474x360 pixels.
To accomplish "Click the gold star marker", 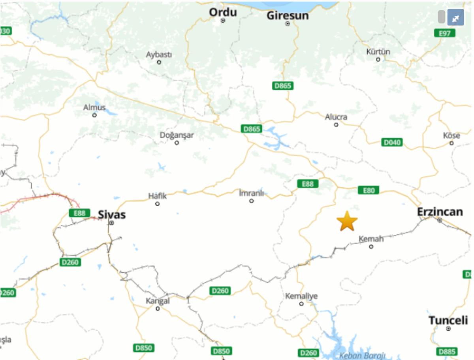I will pyautogui.click(x=347, y=221).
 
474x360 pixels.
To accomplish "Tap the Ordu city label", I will pyautogui.click(x=223, y=12).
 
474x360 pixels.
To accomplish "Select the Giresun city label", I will pyautogui.click(x=288, y=15).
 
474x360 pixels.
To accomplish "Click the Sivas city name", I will pyautogui.click(x=112, y=215).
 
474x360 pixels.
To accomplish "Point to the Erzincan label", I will pyautogui.click(x=440, y=212).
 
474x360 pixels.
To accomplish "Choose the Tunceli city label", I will pyautogui.click(x=448, y=320).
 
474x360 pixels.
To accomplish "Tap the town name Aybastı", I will pyautogui.click(x=159, y=55).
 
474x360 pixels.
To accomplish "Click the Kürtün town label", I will pyautogui.click(x=378, y=52).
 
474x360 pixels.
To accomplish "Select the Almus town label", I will pyautogui.click(x=94, y=107).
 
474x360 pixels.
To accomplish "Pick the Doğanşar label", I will pyautogui.click(x=177, y=135).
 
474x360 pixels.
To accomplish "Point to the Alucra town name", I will pyautogui.click(x=336, y=117).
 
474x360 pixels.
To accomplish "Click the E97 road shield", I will pyautogui.click(x=444, y=33).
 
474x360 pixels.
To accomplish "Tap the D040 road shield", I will pyautogui.click(x=392, y=142).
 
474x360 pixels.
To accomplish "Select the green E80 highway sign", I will pyautogui.click(x=368, y=190).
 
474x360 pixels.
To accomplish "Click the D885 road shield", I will pyautogui.click(x=447, y=351).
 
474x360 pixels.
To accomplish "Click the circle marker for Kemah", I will pyautogui.click(x=371, y=247).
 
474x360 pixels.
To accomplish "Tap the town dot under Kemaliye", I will pyautogui.click(x=301, y=303).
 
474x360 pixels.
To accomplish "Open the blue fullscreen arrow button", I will pyautogui.click(x=455, y=17).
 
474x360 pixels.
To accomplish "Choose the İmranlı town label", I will pyautogui.click(x=251, y=193).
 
